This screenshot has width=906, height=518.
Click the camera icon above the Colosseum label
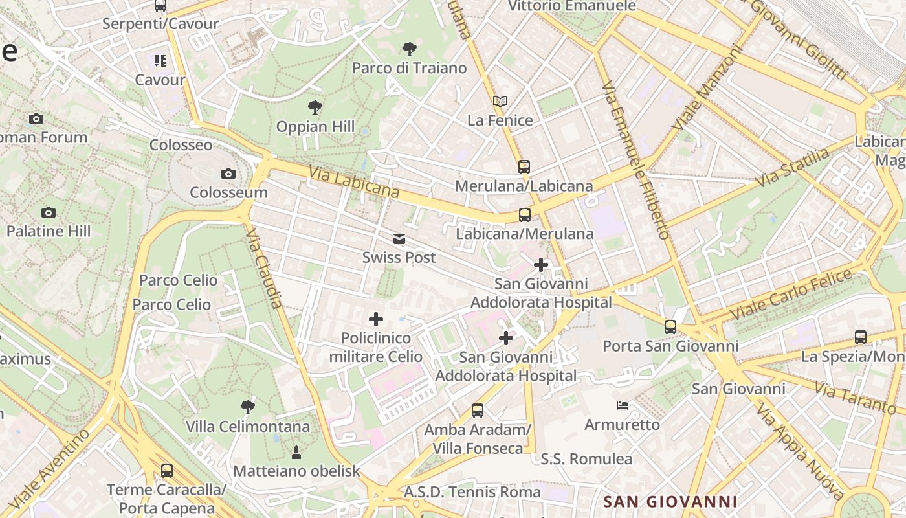(228, 174)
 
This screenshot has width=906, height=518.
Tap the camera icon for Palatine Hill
(48, 212)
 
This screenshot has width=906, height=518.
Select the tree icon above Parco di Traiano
(409, 49)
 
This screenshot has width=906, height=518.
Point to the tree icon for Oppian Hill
(315, 107)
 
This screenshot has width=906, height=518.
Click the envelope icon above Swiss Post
(399, 239)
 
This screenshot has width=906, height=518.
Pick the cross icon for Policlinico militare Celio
(376, 319)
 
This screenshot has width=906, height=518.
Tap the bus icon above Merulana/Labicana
(524, 167)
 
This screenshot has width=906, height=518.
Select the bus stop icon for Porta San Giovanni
(670, 327)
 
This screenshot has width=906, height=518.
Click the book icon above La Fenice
(500, 102)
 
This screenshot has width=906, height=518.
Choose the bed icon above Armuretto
(622, 406)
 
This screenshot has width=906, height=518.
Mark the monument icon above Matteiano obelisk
(296, 452)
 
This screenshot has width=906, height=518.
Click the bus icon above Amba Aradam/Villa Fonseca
(478, 410)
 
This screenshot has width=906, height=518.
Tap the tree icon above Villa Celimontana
(247, 407)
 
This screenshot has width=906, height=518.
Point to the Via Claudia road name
(266, 268)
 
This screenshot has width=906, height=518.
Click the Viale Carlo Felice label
(791, 294)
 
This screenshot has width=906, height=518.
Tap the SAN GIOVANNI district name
(670, 501)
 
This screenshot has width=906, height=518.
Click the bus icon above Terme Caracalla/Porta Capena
(167, 471)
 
